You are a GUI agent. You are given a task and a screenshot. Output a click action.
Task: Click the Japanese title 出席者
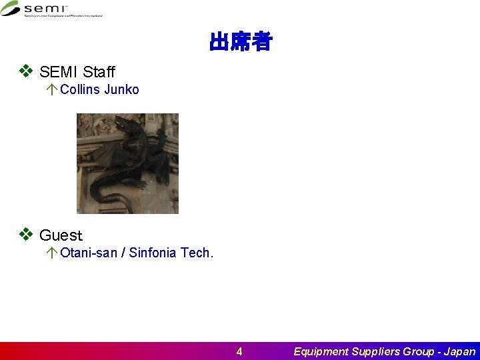click(x=240, y=43)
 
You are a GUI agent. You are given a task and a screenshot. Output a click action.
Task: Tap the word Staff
click(x=99, y=72)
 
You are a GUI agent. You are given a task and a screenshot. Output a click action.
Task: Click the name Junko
click(x=121, y=89)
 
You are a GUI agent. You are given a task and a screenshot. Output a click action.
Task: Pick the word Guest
click(x=61, y=235)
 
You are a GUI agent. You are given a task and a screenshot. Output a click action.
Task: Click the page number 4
click(x=239, y=351)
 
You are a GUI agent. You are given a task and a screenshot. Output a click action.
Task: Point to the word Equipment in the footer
click(x=321, y=351)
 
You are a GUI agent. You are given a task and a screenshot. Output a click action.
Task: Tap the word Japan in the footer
click(x=460, y=351)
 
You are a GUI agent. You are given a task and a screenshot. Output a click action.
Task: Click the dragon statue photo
click(x=127, y=163)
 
